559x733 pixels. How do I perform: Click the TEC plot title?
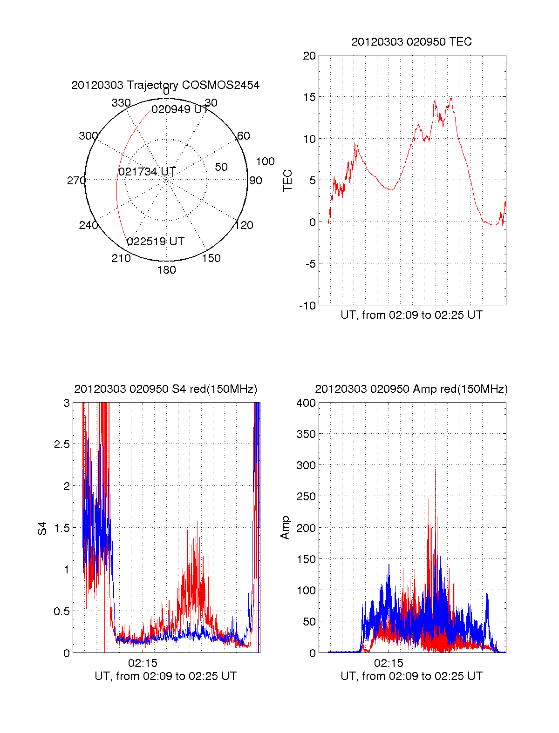click(411, 42)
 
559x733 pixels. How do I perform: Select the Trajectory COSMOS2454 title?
click(165, 85)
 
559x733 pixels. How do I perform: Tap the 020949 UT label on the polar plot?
click(180, 109)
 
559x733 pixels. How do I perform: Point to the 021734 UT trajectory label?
click(147, 172)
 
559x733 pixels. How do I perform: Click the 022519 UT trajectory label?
click(156, 242)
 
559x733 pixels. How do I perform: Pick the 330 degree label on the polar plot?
click(121, 103)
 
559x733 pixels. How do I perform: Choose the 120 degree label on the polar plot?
click(244, 225)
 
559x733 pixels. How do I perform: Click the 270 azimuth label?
click(76, 181)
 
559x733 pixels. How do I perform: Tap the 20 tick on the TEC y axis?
click(309, 56)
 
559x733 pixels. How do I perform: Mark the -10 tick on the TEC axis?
click(307, 306)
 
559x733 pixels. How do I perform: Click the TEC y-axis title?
click(288, 181)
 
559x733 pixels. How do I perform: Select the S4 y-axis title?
click(42, 528)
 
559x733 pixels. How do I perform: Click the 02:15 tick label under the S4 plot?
click(143, 663)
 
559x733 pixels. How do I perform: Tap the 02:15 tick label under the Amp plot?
click(389, 663)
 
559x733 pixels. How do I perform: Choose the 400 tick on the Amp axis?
click(306, 403)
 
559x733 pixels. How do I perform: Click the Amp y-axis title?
click(285, 527)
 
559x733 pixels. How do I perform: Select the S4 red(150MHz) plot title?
click(165, 389)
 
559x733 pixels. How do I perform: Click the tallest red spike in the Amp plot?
click(436, 470)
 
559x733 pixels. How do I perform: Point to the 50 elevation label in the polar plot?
click(221, 167)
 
